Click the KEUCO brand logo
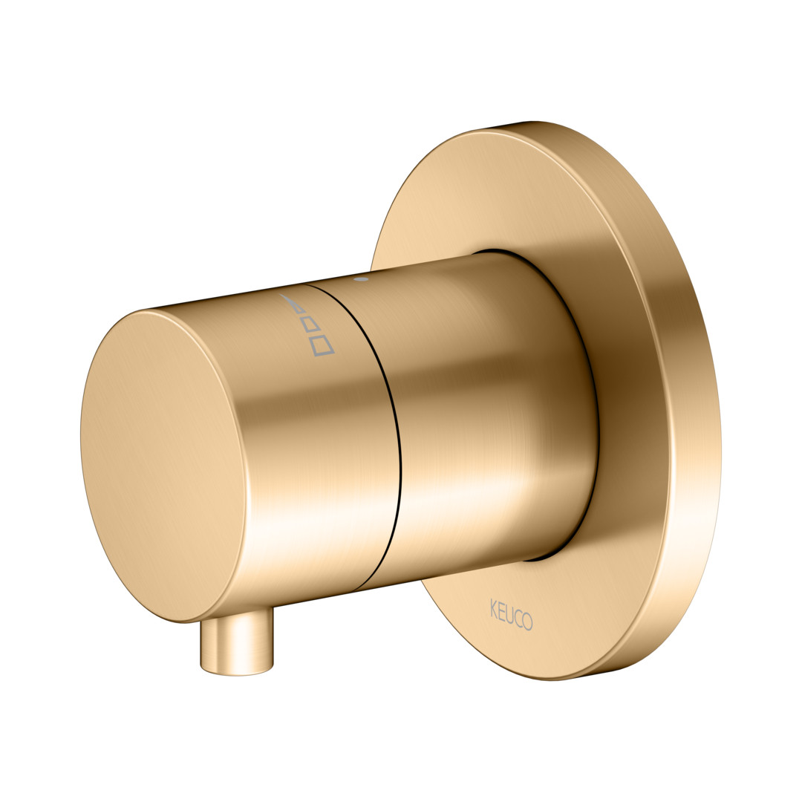[x=512, y=614]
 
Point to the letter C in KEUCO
[x=518, y=617]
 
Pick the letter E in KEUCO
[x=502, y=610]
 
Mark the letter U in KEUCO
[x=509, y=614]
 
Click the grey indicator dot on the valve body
[x=362, y=280]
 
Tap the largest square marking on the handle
[x=322, y=345]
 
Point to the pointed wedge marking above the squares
[x=290, y=301]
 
